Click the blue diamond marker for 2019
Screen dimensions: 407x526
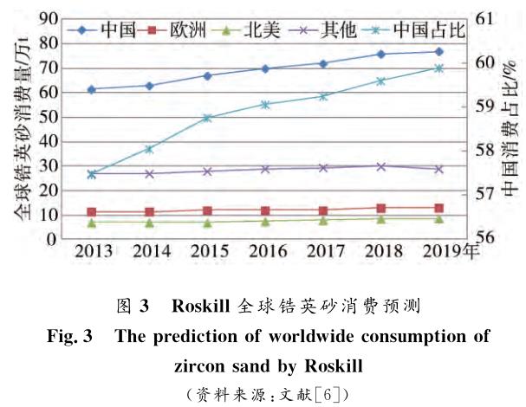[438, 52]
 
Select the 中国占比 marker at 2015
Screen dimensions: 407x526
[207, 118]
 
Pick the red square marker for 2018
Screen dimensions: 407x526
[380, 208]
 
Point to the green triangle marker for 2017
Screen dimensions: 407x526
[322, 220]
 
